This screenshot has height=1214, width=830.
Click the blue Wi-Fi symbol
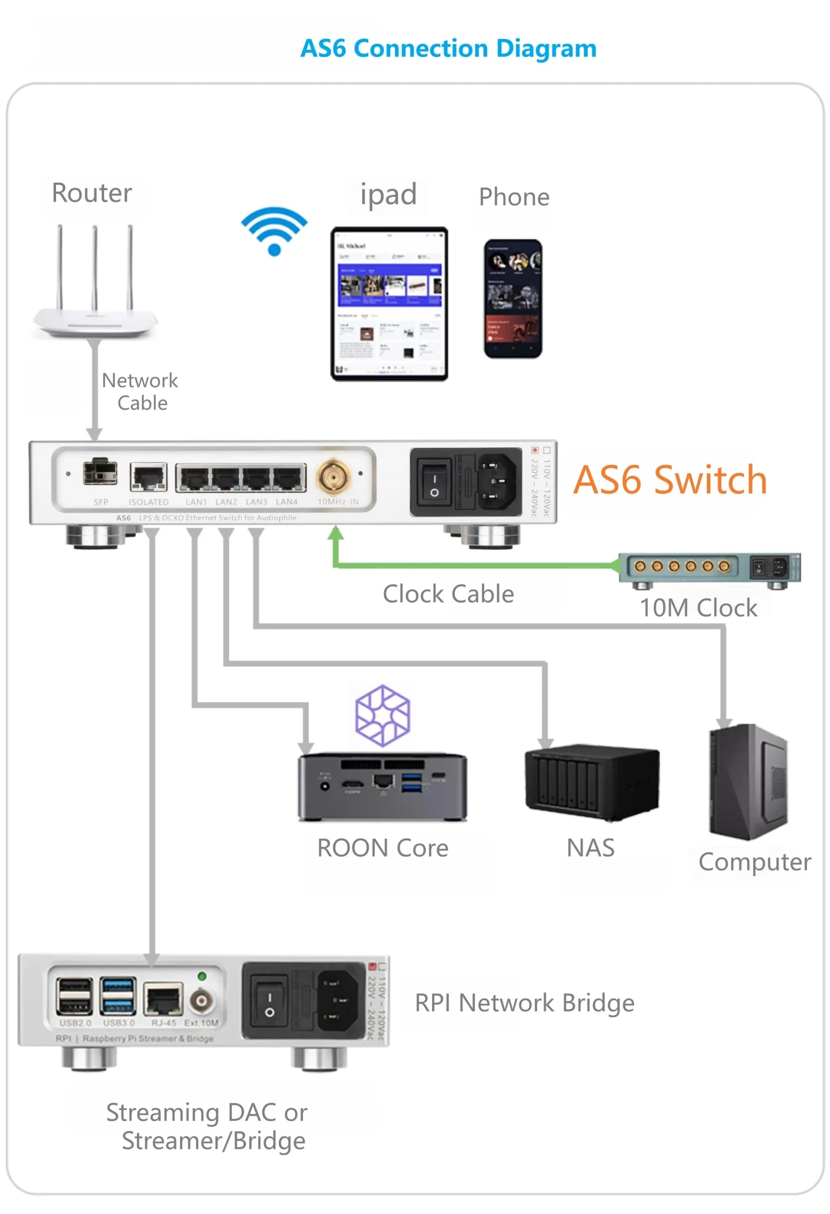pyautogui.click(x=274, y=230)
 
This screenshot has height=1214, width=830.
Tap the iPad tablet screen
pyautogui.click(x=389, y=303)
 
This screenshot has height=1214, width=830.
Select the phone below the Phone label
pyautogui.click(x=512, y=298)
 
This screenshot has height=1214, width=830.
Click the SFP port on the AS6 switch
pyautogui.click(x=100, y=472)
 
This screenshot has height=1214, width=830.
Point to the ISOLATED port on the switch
pyautogui.click(x=148, y=477)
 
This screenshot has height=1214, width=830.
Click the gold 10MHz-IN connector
pyautogui.click(x=333, y=476)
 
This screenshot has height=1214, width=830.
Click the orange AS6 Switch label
pyautogui.click(x=670, y=479)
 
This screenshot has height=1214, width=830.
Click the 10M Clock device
pyautogui.click(x=708, y=568)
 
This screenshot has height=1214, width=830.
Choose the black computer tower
pyautogui.click(x=747, y=782)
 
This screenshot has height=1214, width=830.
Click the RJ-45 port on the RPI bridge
pyautogui.click(x=163, y=999)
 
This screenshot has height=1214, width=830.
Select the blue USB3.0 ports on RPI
pyautogui.click(x=118, y=996)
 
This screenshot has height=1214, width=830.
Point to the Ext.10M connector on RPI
pyautogui.click(x=201, y=1001)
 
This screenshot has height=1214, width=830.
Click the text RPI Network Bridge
pyautogui.click(x=524, y=1003)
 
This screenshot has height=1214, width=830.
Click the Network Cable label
pyautogui.click(x=140, y=392)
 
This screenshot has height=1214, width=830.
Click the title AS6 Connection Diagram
pyautogui.click(x=448, y=48)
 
